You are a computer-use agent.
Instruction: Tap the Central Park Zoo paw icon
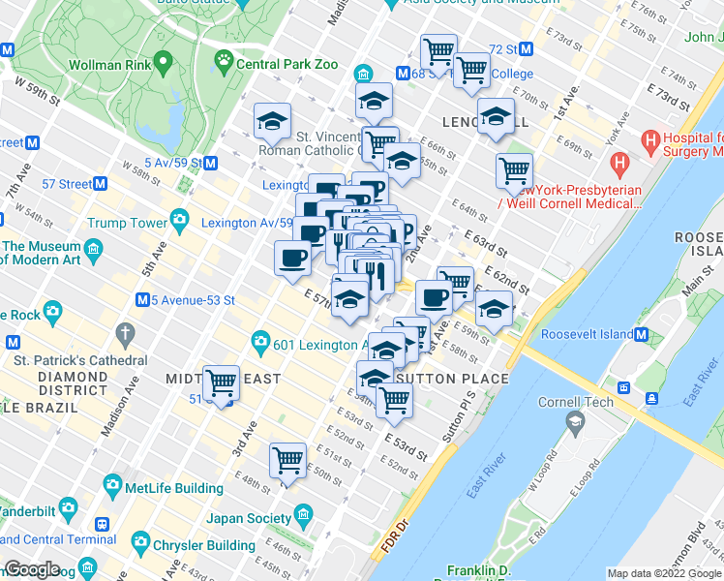225,64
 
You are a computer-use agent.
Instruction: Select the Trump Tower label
127,223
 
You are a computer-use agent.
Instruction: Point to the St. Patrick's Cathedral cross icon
123,335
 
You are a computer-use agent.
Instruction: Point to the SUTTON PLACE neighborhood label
452,379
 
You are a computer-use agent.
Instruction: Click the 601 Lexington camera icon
260,342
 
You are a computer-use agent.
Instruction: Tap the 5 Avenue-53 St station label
194,300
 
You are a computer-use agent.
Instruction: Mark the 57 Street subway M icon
100,184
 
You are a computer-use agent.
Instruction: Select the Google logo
32,568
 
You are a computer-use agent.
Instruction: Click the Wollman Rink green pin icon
162,64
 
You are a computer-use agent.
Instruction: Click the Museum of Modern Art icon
94,253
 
